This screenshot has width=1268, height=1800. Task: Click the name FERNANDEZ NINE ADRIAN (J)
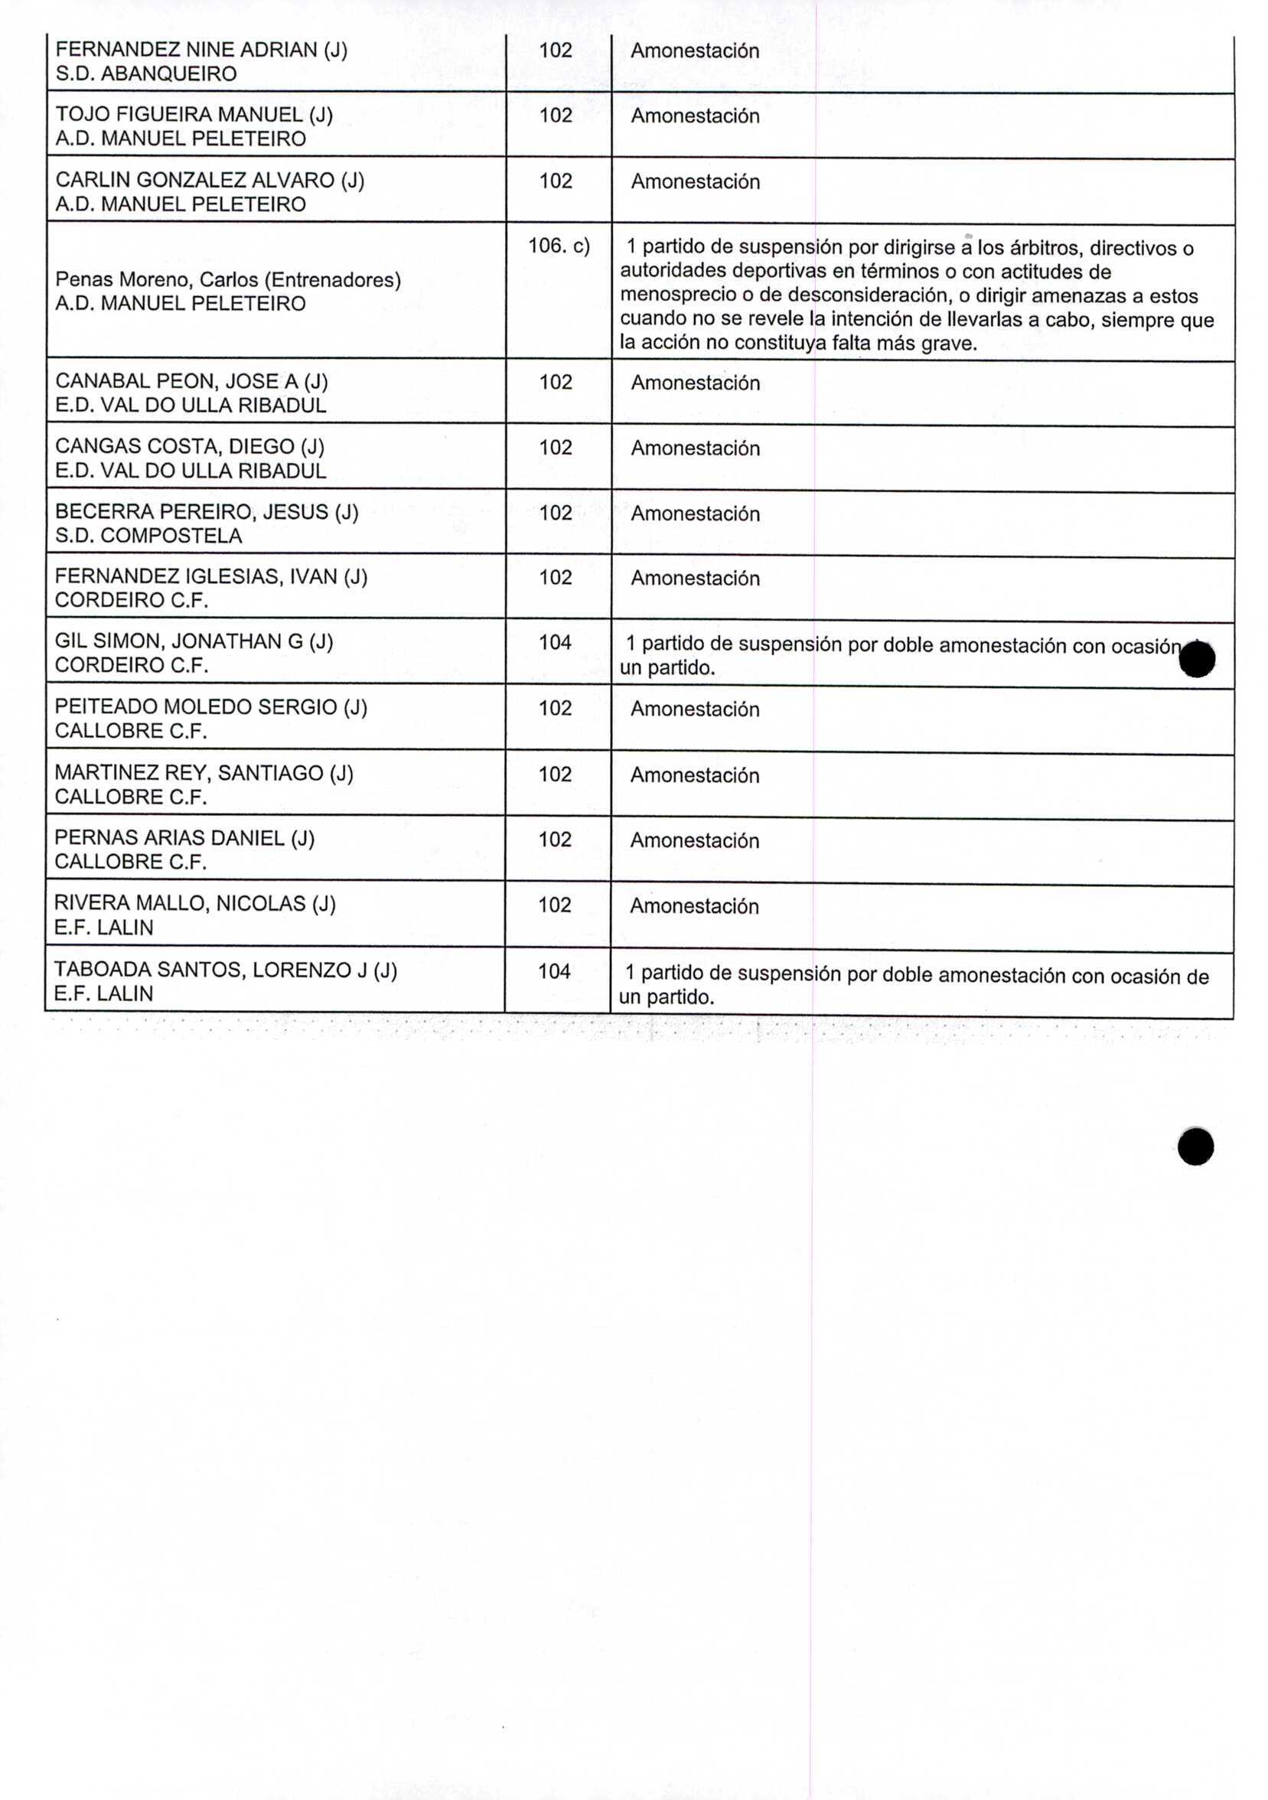coord(201,51)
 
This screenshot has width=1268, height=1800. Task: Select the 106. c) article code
coord(558,246)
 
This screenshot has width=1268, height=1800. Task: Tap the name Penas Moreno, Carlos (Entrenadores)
coord(228,280)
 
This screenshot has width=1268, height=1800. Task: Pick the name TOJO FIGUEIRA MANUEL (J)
coord(194,116)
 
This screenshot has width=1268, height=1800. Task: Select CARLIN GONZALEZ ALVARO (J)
coord(210,181)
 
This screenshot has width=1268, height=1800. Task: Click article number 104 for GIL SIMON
coord(555,643)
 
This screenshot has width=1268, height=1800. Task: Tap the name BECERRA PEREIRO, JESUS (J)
coord(207,512)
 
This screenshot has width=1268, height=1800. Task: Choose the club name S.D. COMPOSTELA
coord(149,536)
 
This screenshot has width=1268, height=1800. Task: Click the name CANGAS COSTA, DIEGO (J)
coord(190,446)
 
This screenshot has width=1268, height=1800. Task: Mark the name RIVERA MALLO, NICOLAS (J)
coord(195,903)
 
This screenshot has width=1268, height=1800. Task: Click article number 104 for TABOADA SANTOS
coord(554,971)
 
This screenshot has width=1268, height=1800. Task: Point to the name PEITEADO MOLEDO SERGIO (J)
coord(210,707)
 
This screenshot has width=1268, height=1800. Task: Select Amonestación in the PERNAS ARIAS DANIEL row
coord(694,840)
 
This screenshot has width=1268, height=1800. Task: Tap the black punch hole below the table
coord(1195,1147)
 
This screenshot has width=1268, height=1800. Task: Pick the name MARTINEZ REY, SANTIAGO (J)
coord(204,773)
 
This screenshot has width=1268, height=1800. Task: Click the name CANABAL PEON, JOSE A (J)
coord(192,382)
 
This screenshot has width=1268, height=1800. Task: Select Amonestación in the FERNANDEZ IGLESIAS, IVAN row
coord(695,579)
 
